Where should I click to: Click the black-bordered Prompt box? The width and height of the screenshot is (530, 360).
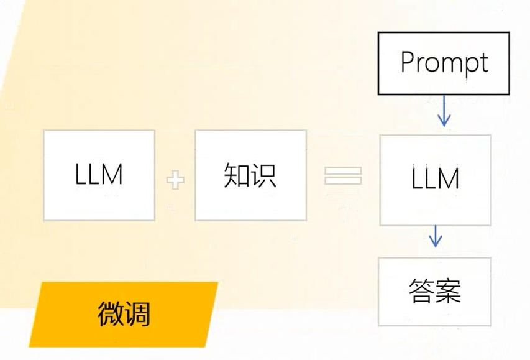pos(444,63)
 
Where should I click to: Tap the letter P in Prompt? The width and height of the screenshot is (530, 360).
pos(408,62)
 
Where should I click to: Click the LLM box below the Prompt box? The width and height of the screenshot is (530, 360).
pos(435,179)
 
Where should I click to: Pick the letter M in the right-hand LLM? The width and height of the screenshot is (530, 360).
pos(448,179)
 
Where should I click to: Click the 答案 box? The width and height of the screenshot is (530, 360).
pos(435,291)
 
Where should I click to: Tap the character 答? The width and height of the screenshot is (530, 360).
pos(421,291)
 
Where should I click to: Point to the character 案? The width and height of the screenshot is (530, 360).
pos(448,291)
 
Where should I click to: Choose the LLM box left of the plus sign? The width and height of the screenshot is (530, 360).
pos(99,175)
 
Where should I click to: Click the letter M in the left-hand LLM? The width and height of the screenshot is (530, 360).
pos(111,175)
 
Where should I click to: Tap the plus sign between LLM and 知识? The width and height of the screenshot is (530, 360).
pos(175,181)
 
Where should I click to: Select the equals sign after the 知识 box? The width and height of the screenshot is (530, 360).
pos(342,175)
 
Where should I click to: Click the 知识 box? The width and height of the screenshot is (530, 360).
pos(250,175)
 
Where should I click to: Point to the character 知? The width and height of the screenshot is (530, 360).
pos(236,176)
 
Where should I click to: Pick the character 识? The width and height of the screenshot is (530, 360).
pos(263,176)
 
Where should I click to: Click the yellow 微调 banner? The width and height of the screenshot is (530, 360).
pos(124,314)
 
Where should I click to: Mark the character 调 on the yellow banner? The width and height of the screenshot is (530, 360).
pos(137,314)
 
